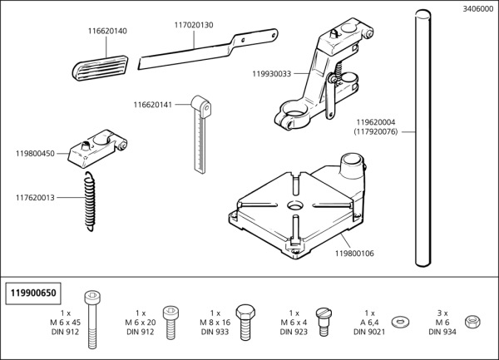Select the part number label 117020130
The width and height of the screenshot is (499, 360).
coord(194,25)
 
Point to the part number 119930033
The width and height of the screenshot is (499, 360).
coord(272,73)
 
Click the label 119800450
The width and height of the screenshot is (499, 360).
coord(36,153)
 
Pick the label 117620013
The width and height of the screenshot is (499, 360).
coord(36,198)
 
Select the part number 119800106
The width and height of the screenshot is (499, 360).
coord(354,253)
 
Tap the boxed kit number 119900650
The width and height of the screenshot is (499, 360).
coord(33,293)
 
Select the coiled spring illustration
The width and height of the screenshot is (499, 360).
coord(89,202)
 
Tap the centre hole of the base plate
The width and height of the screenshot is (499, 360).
coord(295,205)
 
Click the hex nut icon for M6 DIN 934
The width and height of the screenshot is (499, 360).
coord(472,321)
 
